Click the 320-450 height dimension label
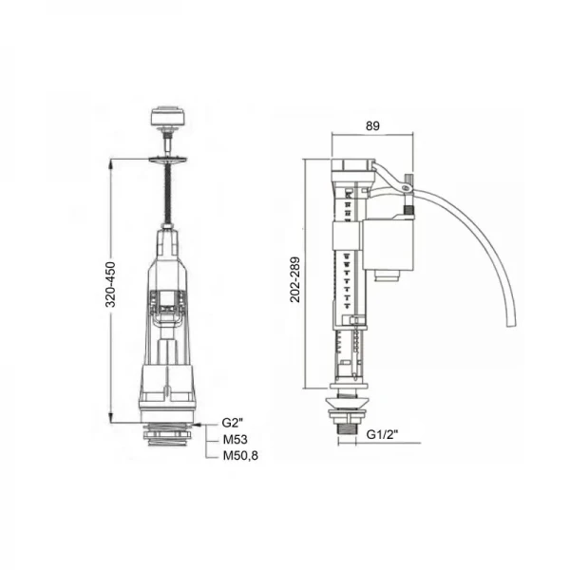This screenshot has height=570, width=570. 110,284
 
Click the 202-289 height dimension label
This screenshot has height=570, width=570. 294,279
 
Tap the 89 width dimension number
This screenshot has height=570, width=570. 372,125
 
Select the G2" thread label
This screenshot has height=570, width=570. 233,423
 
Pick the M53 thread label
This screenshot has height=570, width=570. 236,440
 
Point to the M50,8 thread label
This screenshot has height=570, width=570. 240,455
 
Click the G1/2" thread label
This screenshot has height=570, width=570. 382,434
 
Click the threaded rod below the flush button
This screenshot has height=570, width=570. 168,194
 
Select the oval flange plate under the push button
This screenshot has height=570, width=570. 167,159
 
